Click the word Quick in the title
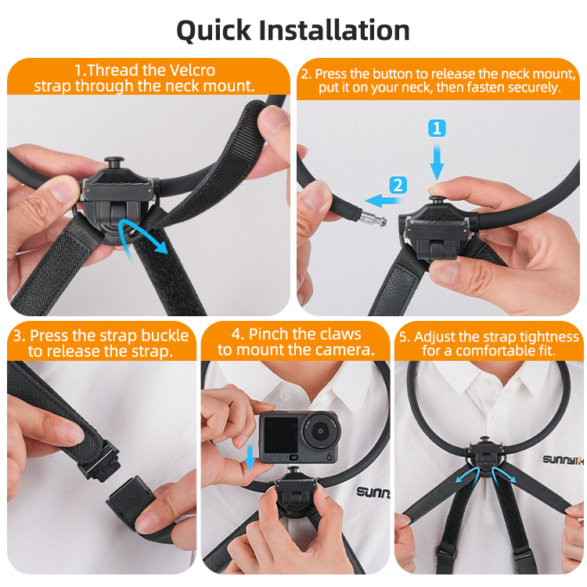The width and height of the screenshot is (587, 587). click(x=214, y=31)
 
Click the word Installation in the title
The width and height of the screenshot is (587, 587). click(x=334, y=30)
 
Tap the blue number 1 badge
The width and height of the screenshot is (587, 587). click(x=437, y=128)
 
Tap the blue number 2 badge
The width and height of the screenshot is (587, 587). click(x=398, y=185)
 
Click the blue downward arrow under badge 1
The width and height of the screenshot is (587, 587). click(x=437, y=160)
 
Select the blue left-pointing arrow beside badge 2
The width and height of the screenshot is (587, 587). click(x=382, y=200)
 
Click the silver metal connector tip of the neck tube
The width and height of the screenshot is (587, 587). click(x=373, y=218)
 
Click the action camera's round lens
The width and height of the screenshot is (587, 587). click(x=320, y=431)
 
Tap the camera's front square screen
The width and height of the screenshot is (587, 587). click(x=281, y=434)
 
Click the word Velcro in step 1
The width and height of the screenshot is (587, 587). click(x=193, y=70)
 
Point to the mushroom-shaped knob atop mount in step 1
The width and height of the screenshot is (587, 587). click(x=114, y=163)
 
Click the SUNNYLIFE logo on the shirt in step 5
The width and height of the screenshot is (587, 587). click(x=563, y=459)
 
